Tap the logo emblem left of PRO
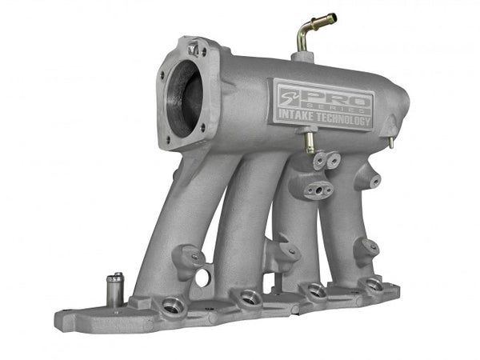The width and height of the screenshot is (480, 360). click(292, 101)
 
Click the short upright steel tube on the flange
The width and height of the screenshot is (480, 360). click(115, 289)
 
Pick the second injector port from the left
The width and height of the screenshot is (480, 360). click(248, 298)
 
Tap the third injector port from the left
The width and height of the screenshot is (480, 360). click(317, 290)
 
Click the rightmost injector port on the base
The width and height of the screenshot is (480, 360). click(373, 283)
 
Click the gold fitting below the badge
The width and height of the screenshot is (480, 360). click(308, 142)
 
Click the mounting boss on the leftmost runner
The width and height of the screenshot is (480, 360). click(189, 257)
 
